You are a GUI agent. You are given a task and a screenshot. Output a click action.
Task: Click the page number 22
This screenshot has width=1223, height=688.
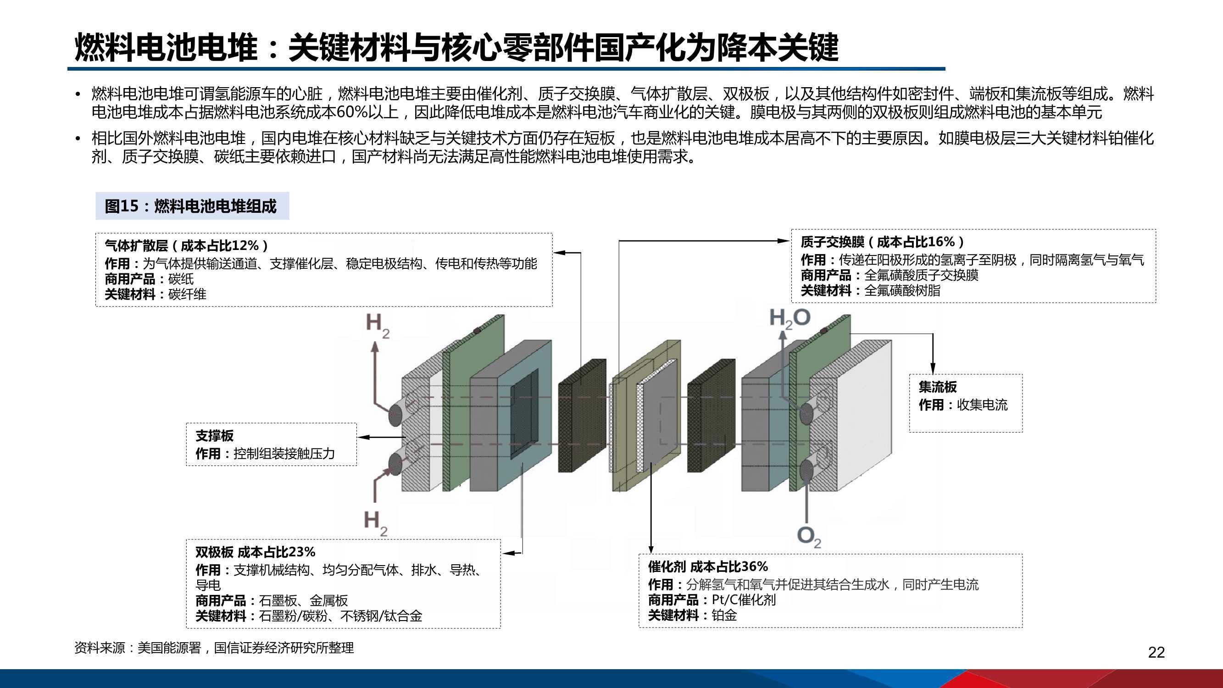tap(1156, 652)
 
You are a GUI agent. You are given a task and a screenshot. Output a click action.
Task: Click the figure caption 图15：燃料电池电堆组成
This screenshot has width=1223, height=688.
tap(191, 206)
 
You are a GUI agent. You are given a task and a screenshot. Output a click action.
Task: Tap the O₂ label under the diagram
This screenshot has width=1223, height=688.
tap(809, 537)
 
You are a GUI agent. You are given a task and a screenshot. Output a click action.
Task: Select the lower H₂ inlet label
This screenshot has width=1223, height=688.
tap(376, 523)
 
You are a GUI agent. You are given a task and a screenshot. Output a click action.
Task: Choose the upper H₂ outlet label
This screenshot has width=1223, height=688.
tap(378, 326)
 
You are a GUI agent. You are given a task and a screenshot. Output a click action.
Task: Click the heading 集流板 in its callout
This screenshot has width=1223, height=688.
tap(938, 387)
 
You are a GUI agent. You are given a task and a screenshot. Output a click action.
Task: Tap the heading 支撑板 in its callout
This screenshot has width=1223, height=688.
tap(215, 436)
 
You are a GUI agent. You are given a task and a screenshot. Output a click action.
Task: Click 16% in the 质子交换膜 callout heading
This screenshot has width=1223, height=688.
tap(940, 242)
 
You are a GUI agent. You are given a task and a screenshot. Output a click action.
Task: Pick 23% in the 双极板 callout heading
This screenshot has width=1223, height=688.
tap(301, 552)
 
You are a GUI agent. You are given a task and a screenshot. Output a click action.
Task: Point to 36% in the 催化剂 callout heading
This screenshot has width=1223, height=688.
tap(754, 566)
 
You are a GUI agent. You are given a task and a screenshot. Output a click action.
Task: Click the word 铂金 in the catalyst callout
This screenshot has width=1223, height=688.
tap(724, 616)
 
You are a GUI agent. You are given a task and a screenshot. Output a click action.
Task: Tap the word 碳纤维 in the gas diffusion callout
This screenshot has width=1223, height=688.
tap(187, 294)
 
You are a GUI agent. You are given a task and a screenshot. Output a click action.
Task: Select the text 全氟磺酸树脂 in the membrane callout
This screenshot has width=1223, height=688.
tap(902, 291)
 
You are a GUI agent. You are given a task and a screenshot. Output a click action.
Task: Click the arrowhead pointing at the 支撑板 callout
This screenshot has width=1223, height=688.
tap(362, 437)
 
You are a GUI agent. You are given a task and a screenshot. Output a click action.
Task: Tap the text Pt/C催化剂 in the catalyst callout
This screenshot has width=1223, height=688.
tap(744, 600)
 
